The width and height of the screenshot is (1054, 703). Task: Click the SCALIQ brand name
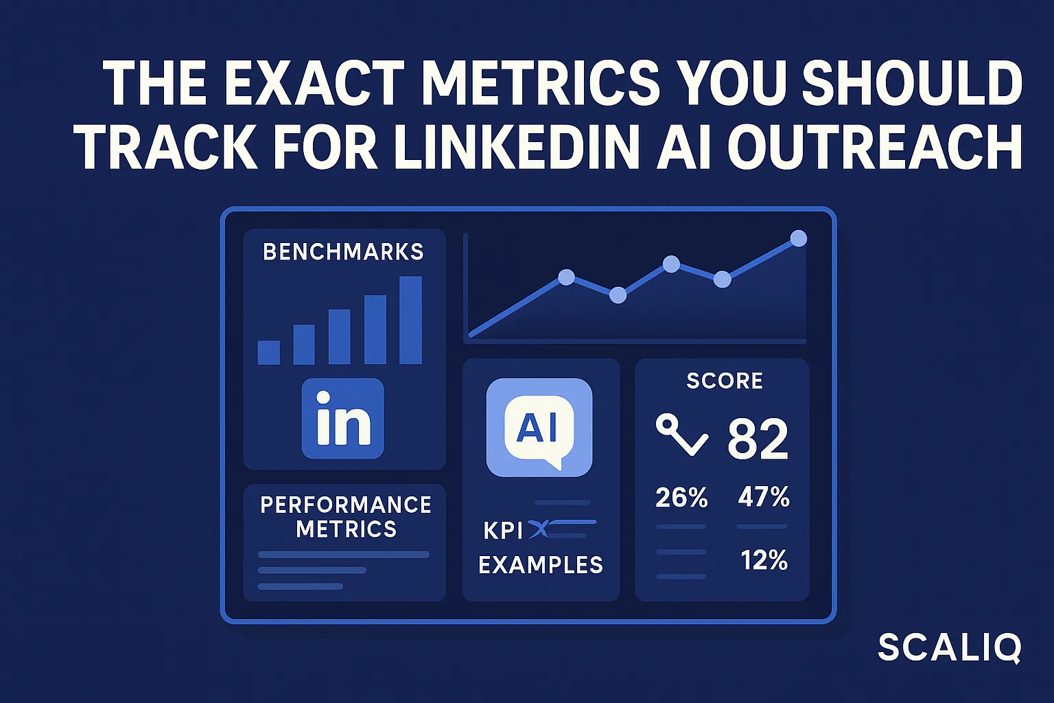[x=950, y=648]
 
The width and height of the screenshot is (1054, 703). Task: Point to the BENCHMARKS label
[x=343, y=252]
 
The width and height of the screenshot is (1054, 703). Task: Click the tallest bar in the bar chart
[x=410, y=320]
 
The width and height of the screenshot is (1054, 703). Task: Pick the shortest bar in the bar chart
[x=268, y=352]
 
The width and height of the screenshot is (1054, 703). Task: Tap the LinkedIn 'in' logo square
[x=342, y=418]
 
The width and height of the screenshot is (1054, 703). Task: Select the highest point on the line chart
[x=798, y=238]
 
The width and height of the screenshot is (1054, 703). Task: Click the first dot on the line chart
[x=566, y=277]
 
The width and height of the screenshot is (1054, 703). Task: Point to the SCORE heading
[x=725, y=381]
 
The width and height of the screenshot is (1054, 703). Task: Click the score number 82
[x=758, y=439]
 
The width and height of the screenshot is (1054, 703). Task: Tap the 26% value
[x=681, y=497]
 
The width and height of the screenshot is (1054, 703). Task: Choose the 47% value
[x=763, y=496]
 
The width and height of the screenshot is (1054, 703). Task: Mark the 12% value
[x=764, y=560]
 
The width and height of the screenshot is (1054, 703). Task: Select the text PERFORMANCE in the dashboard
[x=345, y=505]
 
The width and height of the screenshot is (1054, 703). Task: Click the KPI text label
[x=503, y=530]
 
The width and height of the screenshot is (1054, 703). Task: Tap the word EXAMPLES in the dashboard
[x=541, y=565]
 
